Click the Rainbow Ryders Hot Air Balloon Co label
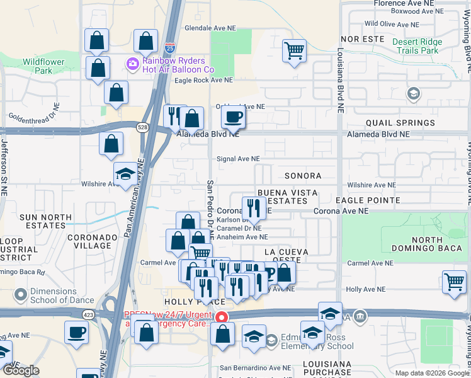point(178,65)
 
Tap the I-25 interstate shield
point(170,47)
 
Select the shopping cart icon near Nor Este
point(294,50)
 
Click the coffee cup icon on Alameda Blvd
point(233,117)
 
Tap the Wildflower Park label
point(44,66)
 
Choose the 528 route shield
point(144,128)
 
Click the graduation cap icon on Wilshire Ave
point(125,173)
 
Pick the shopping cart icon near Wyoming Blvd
point(454,281)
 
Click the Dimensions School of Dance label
point(57,296)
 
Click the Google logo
point(21,370)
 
